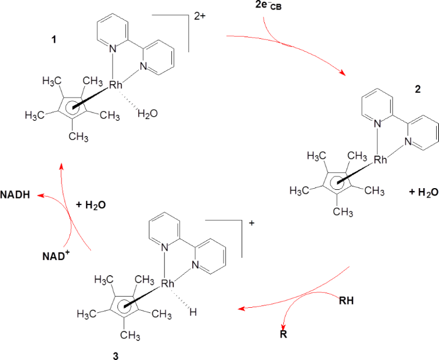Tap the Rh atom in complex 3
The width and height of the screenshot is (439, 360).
(x=168, y=283)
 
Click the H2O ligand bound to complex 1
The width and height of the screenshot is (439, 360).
(x=147, y=114)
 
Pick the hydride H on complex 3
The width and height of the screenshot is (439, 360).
(x=193, y=312)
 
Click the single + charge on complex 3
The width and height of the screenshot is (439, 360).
(x=251, y=222)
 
